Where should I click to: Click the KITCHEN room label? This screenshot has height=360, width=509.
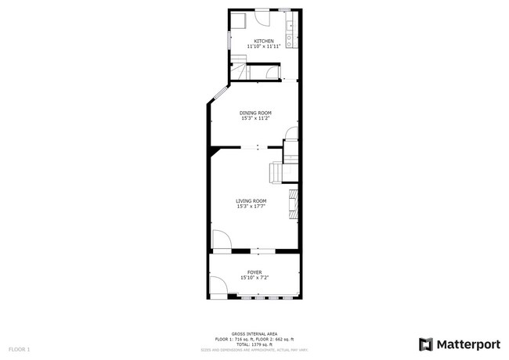click(x=263, y=41)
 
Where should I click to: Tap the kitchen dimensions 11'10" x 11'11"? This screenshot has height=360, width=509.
click(x=263, y=47)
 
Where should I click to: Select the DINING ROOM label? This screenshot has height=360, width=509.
click(x=254, y=113)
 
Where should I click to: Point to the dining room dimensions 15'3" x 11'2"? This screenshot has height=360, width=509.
click(x=254, y=119)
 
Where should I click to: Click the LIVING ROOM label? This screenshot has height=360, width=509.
click(x=251, y=200)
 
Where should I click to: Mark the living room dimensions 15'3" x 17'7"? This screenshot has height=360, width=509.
click(x=251, y=207)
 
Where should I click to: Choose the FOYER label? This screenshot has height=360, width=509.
click(x=254, y=272)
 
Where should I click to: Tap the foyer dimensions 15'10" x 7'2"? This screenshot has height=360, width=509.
click(x=254, y=278)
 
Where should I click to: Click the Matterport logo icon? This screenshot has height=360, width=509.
click(x=426, y=344)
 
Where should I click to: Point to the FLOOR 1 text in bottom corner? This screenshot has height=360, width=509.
click(x=19, y=348)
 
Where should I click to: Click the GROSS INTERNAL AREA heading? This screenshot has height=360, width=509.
click(x=254, y=333)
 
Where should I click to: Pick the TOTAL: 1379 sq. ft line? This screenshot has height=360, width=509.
click(x=254, y=344)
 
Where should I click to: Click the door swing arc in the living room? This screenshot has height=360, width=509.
click(x=220, y=239)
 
